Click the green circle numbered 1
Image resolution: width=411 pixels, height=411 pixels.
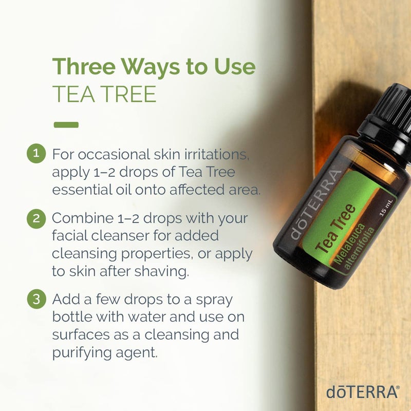[x=36, y=154]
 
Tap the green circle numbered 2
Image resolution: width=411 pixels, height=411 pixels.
[x=36, y=218]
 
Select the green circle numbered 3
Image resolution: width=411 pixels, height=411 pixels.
[x=36, y=300]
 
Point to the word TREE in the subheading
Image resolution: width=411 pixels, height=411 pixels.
[x=130, y=95]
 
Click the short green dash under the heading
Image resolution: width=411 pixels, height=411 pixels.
[x=66, y=124]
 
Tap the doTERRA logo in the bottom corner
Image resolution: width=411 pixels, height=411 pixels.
[x=362, y=392]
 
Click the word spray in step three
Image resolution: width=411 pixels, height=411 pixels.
[x=212, y=300]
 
